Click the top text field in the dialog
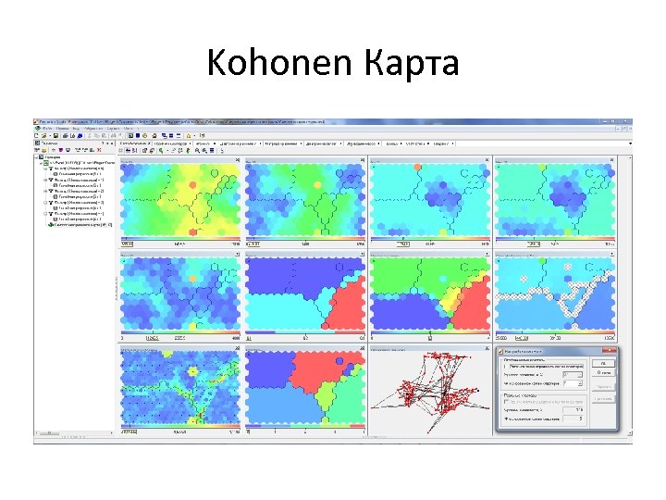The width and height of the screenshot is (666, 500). pos(545,365)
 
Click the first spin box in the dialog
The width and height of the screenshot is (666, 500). pos(573,374)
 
